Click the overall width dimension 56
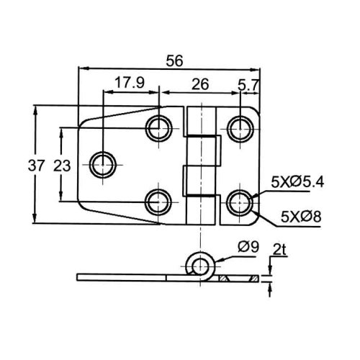point(174,60)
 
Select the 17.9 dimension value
point(130,83)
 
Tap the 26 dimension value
point(200,84)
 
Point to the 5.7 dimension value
point(248,85)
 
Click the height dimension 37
point(36,166)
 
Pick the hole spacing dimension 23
point(62,166)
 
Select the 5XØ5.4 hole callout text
point(297,182)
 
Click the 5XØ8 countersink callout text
point(301,217)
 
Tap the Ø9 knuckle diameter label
point(248,247)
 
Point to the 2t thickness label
point(280,251)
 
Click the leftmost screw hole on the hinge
point(103,165)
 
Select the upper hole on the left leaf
point(159,128)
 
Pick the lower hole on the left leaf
point(158,202)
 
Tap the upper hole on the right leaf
point(240,129)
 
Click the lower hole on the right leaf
point(240,203)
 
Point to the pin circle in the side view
point(199,266)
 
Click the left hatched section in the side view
point(223,279)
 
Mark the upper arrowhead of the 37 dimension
point(35,111)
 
